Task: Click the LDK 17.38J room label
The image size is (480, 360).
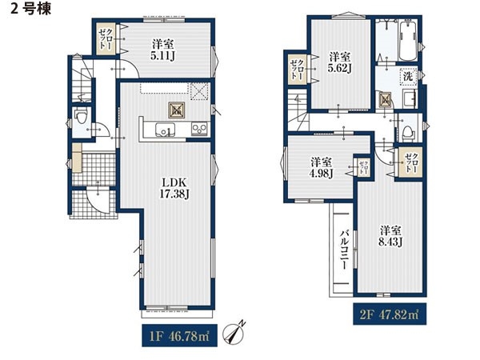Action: click(x=174, y=188)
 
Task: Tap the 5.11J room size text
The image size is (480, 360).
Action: click(x=162, y=56)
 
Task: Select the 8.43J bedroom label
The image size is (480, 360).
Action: click(x=390, y=242)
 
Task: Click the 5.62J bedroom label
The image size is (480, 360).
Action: click(x=339, y=68)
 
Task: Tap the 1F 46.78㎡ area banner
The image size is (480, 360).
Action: click(x=179, y=336)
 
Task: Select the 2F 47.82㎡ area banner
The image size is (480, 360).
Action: click(x=390, y=314)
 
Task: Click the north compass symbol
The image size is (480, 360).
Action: click(x=234, y=331)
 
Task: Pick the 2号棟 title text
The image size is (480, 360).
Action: click(x=31, y=9)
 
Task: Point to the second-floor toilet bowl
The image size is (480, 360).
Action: click(x=407, y=133)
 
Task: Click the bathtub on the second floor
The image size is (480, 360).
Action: click(x=408, y=41)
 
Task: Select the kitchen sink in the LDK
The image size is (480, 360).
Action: click(x=166, y=129)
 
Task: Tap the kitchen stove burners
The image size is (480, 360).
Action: click(x=199, y=129)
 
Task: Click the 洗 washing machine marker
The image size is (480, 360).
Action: click(x=408, y=77)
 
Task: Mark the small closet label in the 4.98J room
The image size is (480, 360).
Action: click(x=363, y=167)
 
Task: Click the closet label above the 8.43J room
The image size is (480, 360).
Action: click(x=411, y=163)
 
